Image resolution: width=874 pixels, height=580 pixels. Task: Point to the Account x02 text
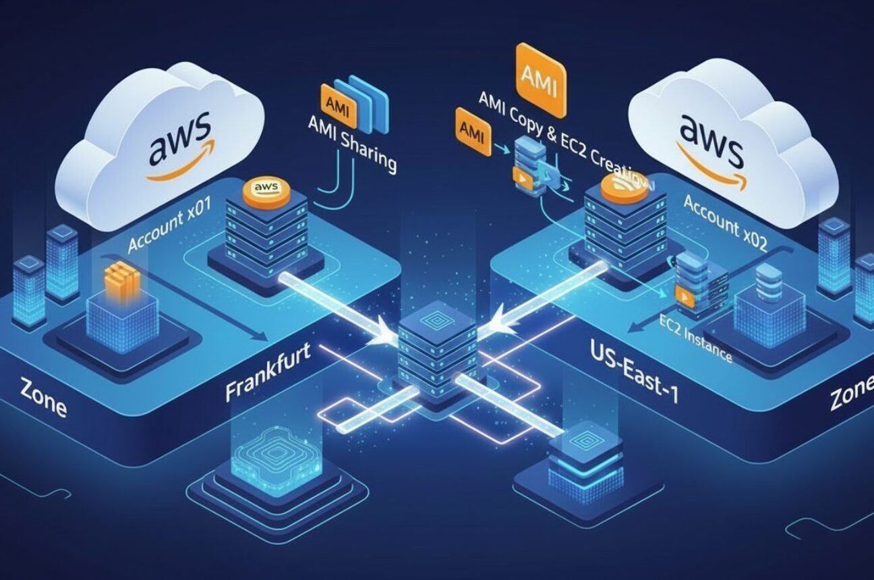724,223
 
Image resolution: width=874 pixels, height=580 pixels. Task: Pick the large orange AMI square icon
540,79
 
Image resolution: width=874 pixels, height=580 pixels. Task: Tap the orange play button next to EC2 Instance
684,294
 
